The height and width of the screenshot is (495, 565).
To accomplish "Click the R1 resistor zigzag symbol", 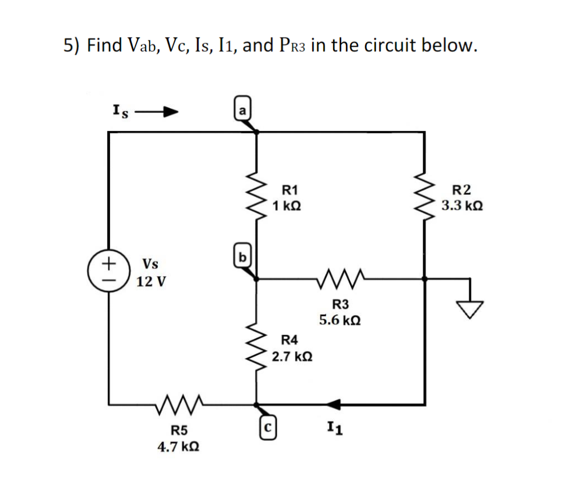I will [x=256, y=197].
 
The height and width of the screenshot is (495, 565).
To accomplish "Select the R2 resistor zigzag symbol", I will [x=424, y=197].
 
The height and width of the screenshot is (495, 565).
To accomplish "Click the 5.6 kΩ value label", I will [x=339, y=320].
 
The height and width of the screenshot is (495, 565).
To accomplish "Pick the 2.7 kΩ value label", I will [x=291, y=357].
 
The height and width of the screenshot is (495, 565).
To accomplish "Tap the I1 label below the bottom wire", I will [x=334, y=427].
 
